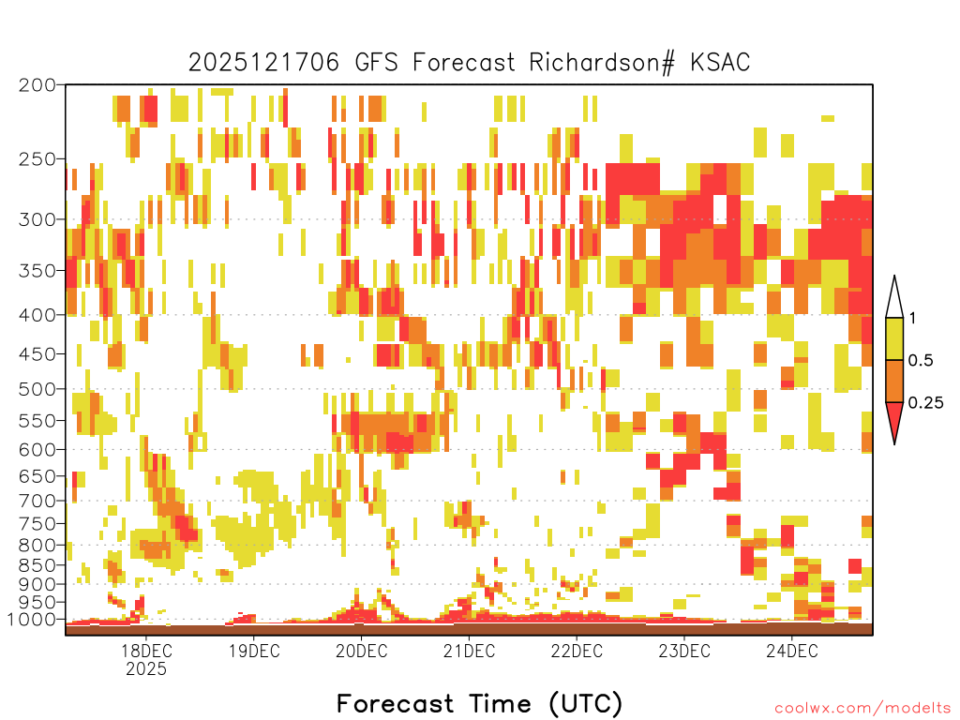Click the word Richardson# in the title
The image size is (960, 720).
tap(602, 63)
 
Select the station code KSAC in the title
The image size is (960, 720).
tap(720, 63)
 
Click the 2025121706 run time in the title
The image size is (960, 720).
tap(263, 63)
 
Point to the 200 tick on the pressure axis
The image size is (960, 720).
tap(37, 84)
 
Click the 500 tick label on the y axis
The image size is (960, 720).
tap(37, 389)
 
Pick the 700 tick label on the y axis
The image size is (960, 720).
tap(37, 501)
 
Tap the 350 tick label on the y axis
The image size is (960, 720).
tap(37, 271)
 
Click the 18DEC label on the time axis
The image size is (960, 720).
tap(146, 651)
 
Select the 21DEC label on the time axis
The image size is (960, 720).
tap(469, 651)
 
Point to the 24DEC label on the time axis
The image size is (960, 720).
tap(791, 651)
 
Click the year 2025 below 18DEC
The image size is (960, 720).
tap(146, 669)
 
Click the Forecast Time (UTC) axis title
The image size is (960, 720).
tap(479, 704)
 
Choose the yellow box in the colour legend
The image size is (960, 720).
tap(894, 338)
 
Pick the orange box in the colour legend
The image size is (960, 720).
tap(894, 381)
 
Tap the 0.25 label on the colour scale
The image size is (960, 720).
tap(925, 403)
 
